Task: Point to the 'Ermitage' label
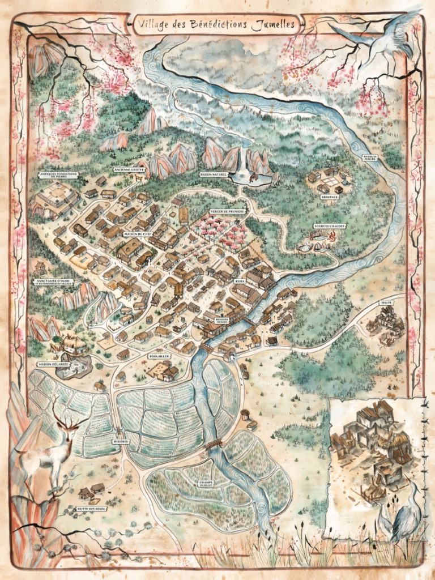330,198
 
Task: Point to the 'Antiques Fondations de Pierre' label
55,174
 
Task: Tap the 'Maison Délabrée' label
54,364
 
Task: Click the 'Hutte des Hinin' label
92,509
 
